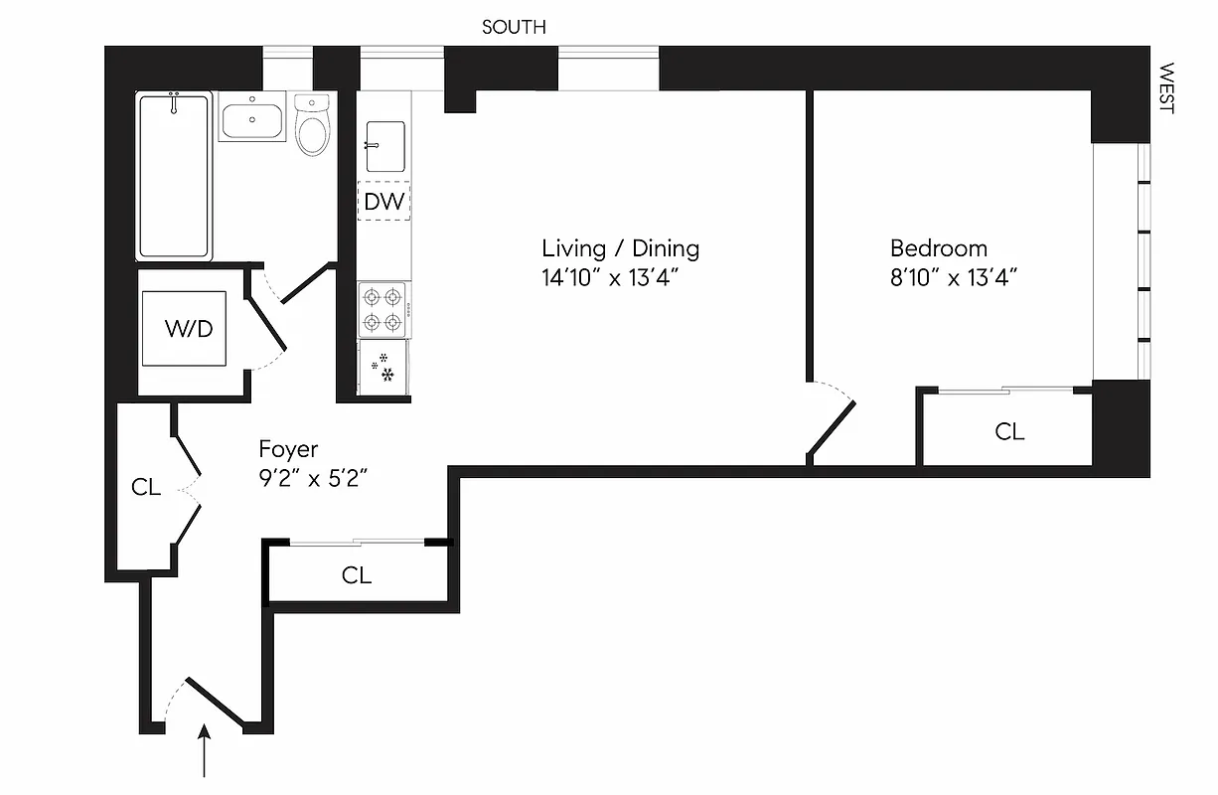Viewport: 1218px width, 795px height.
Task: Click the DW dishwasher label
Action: tap(383, 203)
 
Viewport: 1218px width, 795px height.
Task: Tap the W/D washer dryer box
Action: tap(189, 329)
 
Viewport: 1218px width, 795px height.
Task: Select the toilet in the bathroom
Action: tap(312, 126)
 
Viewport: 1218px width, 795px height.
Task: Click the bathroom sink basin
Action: tap(251, 122)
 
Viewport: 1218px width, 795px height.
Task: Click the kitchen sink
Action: tap(385, 146)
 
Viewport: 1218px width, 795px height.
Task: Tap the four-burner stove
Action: tap(382, 309)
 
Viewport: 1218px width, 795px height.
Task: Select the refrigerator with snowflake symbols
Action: tap(383, 369)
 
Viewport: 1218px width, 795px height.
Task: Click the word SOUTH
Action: tap(514, 27)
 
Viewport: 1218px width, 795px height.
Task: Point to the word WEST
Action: tap(1166, 89)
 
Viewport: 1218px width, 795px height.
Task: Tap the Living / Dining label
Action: tap(620, 248)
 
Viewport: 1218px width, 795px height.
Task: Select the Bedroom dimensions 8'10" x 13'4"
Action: tap(954, 277)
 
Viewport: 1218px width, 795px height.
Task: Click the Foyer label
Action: tap(288, 449)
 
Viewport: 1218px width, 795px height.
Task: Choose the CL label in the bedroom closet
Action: tap(1009, 431)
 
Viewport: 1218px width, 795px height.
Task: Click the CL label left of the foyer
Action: tap(146, 487)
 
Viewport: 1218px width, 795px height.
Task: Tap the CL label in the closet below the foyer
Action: tap(357, 575)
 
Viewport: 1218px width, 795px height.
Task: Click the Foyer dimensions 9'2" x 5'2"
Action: tap(313, 478)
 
